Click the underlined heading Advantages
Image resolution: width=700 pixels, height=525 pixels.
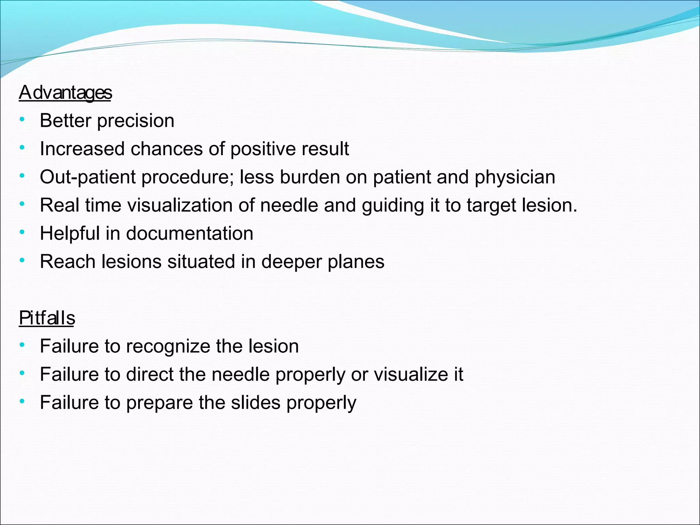pyautogui.click(x=65, y=93)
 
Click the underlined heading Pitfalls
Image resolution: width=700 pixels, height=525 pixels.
pyautogui.click(x=47, y=318)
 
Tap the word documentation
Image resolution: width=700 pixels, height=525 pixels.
pyautogui.click(x=190, y=233)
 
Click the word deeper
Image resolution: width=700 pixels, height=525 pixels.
pyautogui.click(x=292, y=262)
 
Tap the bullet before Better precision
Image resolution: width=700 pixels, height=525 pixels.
pyautogui.click(x=22, y=119)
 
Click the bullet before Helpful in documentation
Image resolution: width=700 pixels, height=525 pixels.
pyautogui.click(x=22, y=232)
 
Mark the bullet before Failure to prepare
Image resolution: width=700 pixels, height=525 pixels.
pyautogui.click(x=22, y=401)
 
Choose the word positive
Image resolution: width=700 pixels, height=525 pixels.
pyautogui.click(x=258, y=149)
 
